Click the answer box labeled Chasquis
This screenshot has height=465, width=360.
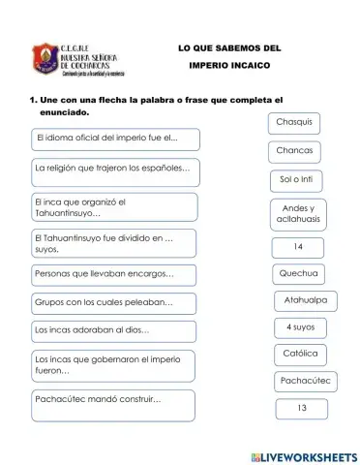click(x=294, y=122)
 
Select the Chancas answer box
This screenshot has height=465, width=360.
click(x=294, y=151)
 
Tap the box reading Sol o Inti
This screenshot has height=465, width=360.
click(x=295, y=181)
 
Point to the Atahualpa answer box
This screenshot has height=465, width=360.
click(x=305, y=300)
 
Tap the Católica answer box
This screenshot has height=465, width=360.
click(x=300, y=354)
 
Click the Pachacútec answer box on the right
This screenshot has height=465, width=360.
click(x=306, y=381)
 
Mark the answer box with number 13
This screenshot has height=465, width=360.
click(x=302, y=408)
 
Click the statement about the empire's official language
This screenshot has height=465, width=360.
click(x=114, y=139)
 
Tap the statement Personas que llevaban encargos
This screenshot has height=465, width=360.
click(x=113, y=274)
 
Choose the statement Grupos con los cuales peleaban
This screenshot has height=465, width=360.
click(x=113, y=303)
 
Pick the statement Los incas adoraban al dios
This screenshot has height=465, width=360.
click(x=113, y=330)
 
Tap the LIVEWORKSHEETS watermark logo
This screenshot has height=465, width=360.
click(x=303, y=455)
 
